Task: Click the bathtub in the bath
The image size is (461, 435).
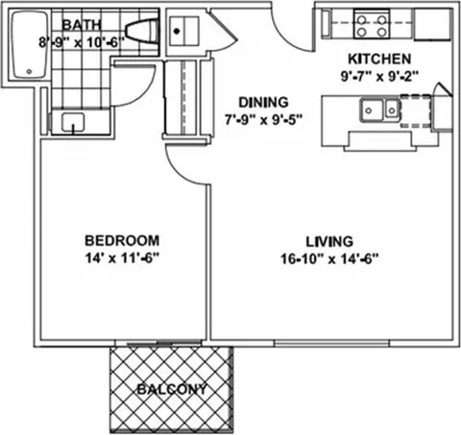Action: (x=30, y=44)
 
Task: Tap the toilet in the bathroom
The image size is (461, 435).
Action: (x=142, y=30)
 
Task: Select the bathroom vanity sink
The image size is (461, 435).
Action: (x=73, y=122)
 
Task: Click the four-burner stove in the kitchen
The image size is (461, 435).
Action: (x=372, y=22)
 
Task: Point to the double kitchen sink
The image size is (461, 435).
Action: (x=380, y=109)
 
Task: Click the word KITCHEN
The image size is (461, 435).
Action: (x=379, y=60)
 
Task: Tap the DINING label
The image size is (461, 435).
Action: (x=263, y=103)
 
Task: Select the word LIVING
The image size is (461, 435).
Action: (x=329, y=242)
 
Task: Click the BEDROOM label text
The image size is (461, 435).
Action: (x=122, y=241)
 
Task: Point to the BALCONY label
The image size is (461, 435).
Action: (x=172, y=389)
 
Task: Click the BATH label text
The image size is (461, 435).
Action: (x=82, y=25)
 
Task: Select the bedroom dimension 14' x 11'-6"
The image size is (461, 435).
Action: (x=122, y=258)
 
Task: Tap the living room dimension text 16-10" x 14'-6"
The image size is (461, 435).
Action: (x=329, y=258)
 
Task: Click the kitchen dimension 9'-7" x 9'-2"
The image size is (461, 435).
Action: (x=379, y=76)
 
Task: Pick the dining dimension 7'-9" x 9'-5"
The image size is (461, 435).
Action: (x=263, y=120)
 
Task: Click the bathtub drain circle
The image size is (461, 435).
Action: (x=29, y=71)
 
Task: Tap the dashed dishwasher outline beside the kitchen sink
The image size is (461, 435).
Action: (x=415, y=110)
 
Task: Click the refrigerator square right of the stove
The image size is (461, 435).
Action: (x=432, y=24)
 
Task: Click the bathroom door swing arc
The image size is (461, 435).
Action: (x=144, y=94)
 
